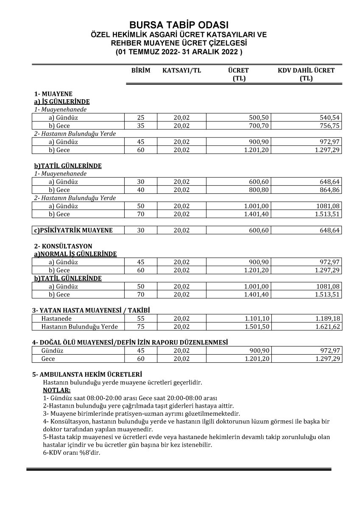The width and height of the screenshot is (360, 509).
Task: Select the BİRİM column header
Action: click(x=141, y=70)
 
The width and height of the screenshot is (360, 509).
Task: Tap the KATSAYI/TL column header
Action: click(x=181, y=70)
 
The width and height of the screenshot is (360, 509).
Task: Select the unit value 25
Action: click(x=141, y=117)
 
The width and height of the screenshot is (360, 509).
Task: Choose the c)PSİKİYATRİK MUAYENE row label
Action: click(x=74, y=230)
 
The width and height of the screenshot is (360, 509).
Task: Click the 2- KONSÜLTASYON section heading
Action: click(x=63, y=246)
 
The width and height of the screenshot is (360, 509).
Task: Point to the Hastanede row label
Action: click(x=56, y=319)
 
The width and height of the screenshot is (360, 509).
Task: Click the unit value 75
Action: click(x=141, y=327)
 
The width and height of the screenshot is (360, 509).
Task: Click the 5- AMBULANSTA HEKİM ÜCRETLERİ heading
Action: click(x=87, y=375)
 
